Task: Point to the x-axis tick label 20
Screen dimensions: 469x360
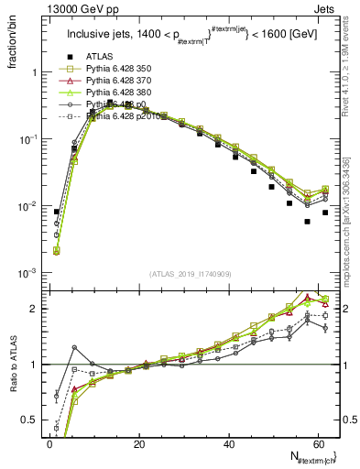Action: (x=139, y=444)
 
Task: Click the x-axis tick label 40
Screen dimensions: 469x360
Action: (x=229, y=444)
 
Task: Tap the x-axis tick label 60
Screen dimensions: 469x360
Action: (x=319, y=444)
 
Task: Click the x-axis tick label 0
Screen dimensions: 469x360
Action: (x=49, y=444)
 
